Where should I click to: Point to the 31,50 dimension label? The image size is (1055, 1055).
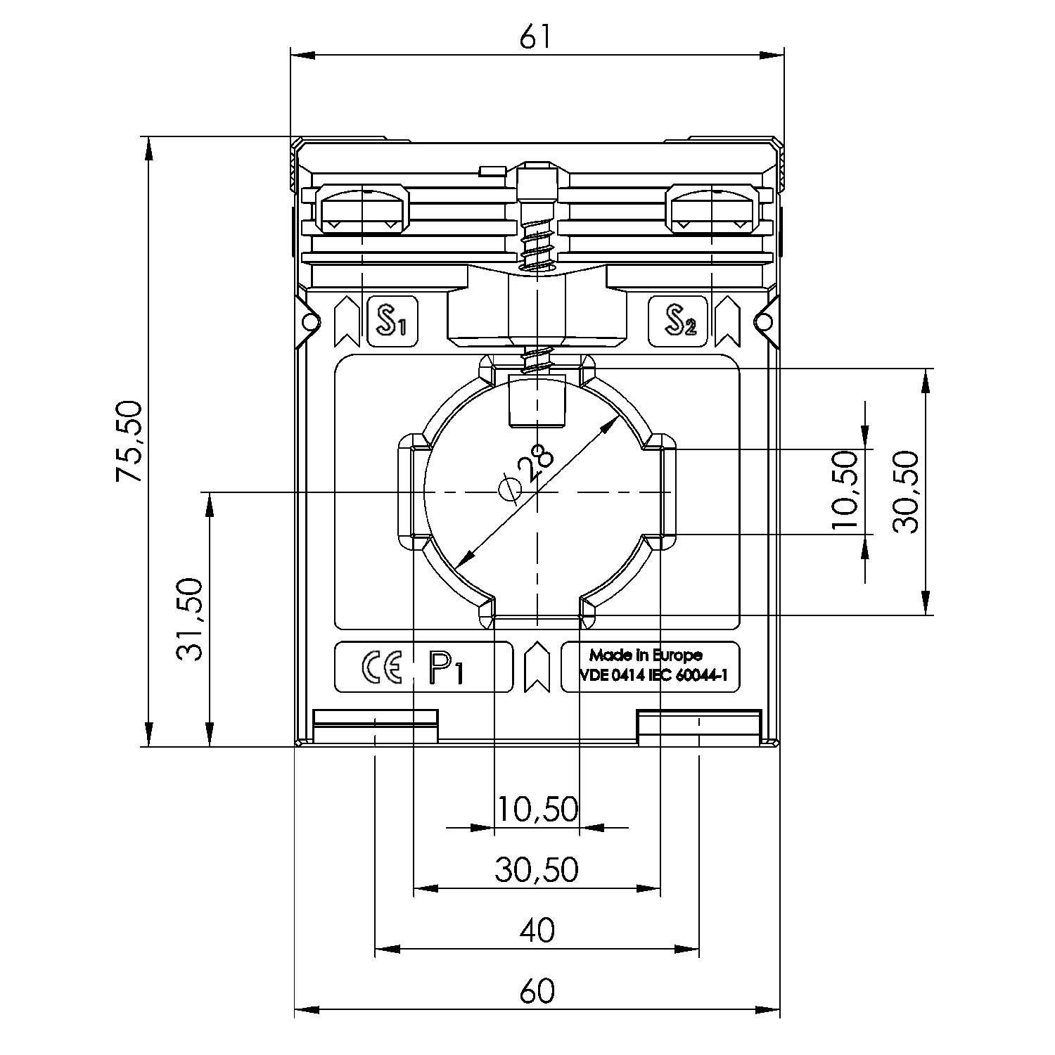point(190,619)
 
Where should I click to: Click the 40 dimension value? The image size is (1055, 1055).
point(537,931)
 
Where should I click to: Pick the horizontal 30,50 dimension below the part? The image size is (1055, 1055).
point(537,870)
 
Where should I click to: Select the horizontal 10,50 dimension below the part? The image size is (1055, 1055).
point(537,810)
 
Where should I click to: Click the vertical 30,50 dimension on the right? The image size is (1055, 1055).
point(906,492)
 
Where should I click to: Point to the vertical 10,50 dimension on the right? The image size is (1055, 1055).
point(845,492)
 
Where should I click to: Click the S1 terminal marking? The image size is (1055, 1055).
point(392,322)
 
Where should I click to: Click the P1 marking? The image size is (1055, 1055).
point(446,668)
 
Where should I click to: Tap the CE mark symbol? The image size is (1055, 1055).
point(381,667)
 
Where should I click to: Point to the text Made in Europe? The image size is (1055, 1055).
point(645,656)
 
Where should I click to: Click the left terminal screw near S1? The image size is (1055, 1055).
point(363,208)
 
